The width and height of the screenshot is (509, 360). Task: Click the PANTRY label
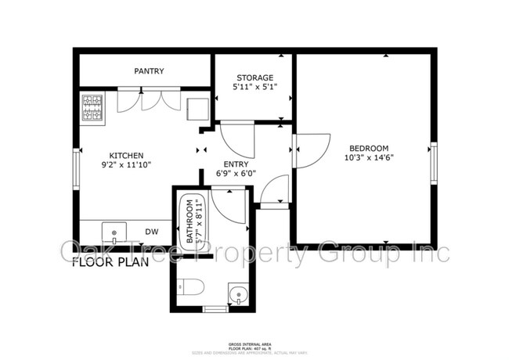click(149, 71)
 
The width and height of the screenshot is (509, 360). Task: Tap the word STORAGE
click(254, 77)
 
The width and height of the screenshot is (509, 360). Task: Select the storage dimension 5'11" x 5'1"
click(254, 88)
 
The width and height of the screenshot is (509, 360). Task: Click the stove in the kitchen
click(92, 108)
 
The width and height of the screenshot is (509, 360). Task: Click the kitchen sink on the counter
click(114, 232)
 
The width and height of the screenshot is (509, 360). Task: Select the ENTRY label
click(236, 164)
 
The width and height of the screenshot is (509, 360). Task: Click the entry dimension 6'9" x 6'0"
click(236, 174)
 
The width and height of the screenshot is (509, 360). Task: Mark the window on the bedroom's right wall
click(433, 163)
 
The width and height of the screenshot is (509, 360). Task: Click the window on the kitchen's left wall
click(76, 168)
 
